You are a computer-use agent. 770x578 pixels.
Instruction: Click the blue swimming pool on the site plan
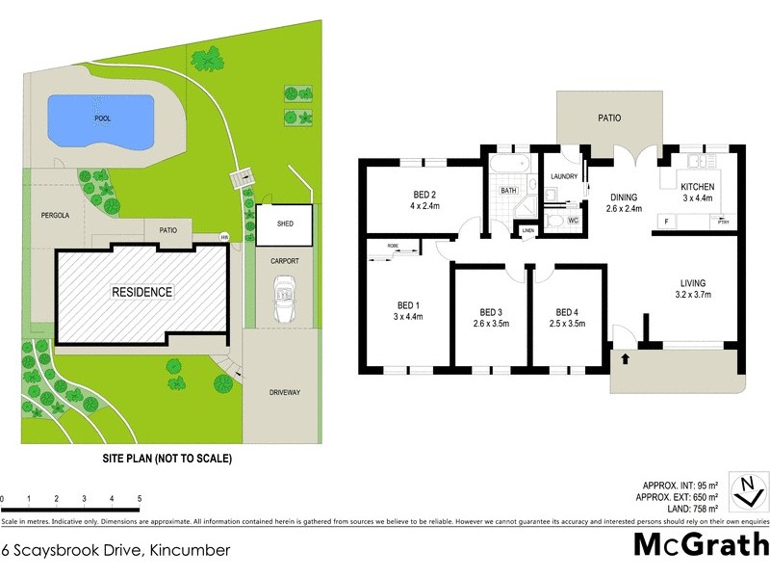tap(100, 121)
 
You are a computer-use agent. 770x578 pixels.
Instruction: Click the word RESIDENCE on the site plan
tap(141, 292)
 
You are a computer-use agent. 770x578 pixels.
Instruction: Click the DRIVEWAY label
tap(284, 392)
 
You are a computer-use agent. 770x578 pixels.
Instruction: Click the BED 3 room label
tap(491, 312)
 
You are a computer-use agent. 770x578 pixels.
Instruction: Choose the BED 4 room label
tap(568, 312)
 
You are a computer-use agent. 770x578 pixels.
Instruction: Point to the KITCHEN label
tap(698, 186)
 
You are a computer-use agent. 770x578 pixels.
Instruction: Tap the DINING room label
tap(624, 197)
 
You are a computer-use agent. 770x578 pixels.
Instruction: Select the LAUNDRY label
tap(563, 177)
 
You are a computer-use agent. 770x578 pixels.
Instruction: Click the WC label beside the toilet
tap(572, 222)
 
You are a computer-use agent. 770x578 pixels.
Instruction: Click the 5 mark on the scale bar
tap(141, 498)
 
